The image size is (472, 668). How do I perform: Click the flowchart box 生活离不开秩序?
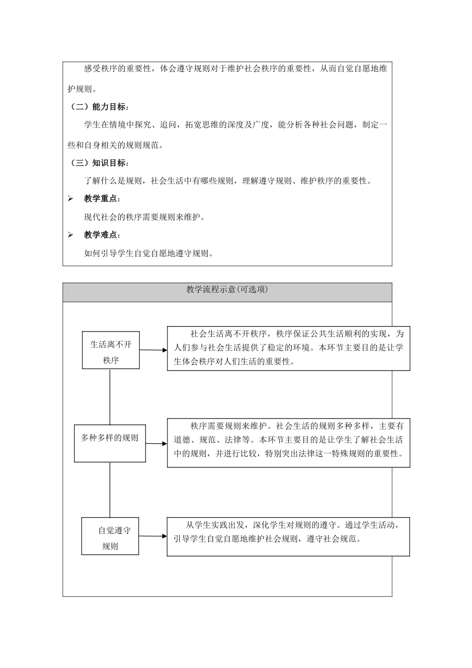(x=111, y=350)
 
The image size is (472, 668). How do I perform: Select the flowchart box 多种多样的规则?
(x=110, y=443)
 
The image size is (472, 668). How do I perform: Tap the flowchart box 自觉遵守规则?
(x=110, y=536)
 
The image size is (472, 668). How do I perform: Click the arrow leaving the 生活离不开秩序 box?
(x=153, y=350)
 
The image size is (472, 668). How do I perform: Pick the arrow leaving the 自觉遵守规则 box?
(x=153, y=536)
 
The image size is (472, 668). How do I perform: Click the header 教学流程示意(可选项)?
(x=227, y=290)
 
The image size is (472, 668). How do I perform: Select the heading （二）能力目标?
(x=98, y=107)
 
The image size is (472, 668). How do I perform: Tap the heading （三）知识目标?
(x=98, y=163)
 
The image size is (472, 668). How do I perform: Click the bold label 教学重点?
(x=102, y=199)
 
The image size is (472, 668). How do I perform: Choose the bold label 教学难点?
(x=102, y=235)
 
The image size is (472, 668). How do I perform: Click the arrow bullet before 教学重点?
(x=71, y=199)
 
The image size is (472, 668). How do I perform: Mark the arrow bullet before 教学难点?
(x=71, y=235)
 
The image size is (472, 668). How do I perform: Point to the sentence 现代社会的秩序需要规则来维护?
(x=145, y=217)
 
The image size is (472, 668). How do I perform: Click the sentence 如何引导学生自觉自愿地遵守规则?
(x=149, y=253)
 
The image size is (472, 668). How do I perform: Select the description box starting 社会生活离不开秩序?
(x=288, y=348)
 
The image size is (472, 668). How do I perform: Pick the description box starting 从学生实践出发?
(x=288, y=536)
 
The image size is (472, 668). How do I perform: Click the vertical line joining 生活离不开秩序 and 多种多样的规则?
(x=110, y=397)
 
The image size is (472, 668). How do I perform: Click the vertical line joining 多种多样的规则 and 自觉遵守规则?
(x=110, y=490)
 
